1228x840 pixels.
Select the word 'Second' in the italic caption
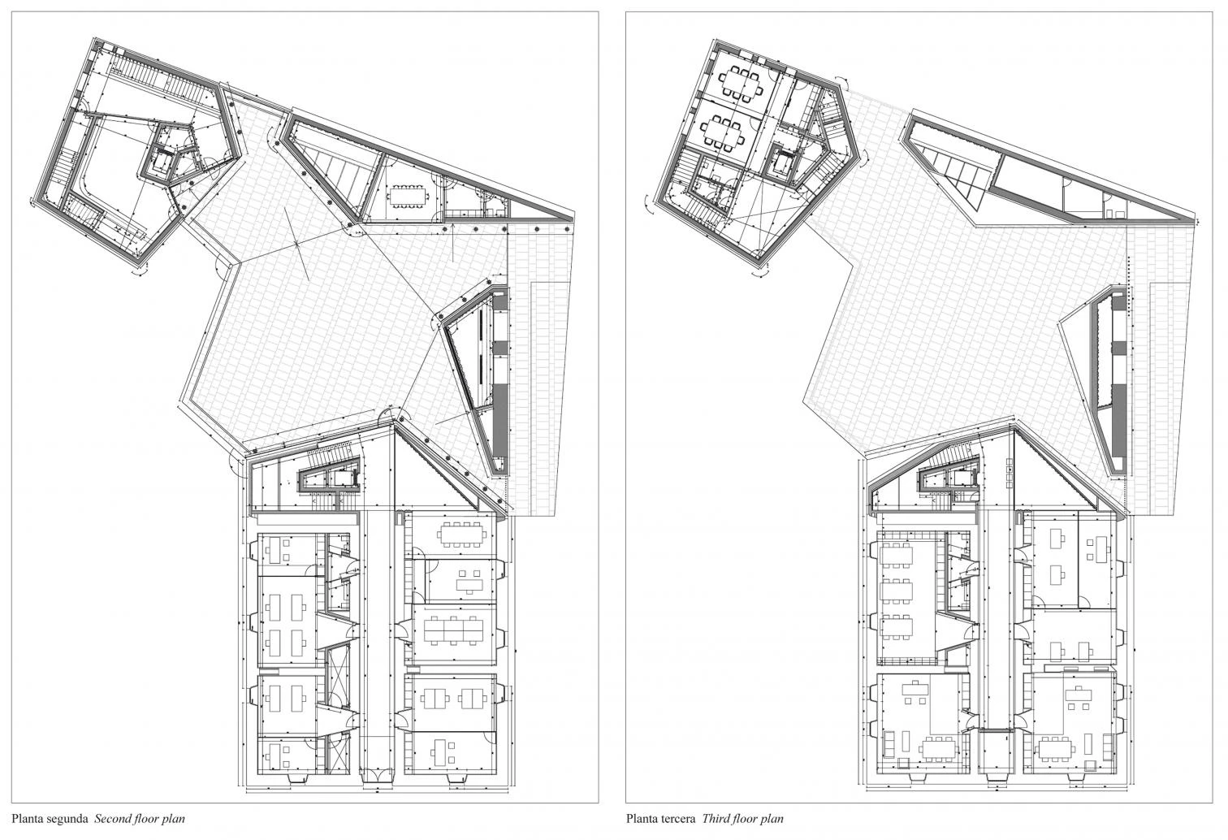point(114,819)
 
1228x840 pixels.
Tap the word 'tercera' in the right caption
point(677,819)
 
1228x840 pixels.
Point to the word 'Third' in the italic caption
point(713,819)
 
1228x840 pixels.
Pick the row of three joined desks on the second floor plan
point(453,630)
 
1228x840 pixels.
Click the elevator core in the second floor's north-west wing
point(161,161)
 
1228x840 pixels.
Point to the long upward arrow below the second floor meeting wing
point(453,240)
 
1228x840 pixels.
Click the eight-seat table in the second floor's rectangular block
point(462,534)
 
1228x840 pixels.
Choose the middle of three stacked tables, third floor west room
point(897,591)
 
